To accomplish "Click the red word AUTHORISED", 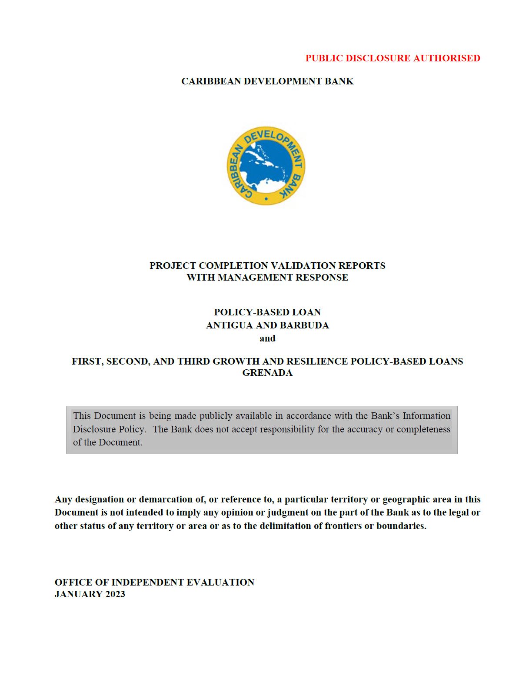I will tap(446, 58).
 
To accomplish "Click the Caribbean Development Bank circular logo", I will tap(266, 166).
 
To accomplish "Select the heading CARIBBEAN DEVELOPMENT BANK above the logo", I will tap(267, 81).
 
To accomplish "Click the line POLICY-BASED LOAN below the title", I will tap(267, 312).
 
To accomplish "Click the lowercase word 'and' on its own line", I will tap(267, 338).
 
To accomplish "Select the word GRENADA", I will tap(267, 373).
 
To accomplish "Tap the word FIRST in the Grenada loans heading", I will tap(86, 361).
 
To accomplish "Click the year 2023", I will tap(115, 594).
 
